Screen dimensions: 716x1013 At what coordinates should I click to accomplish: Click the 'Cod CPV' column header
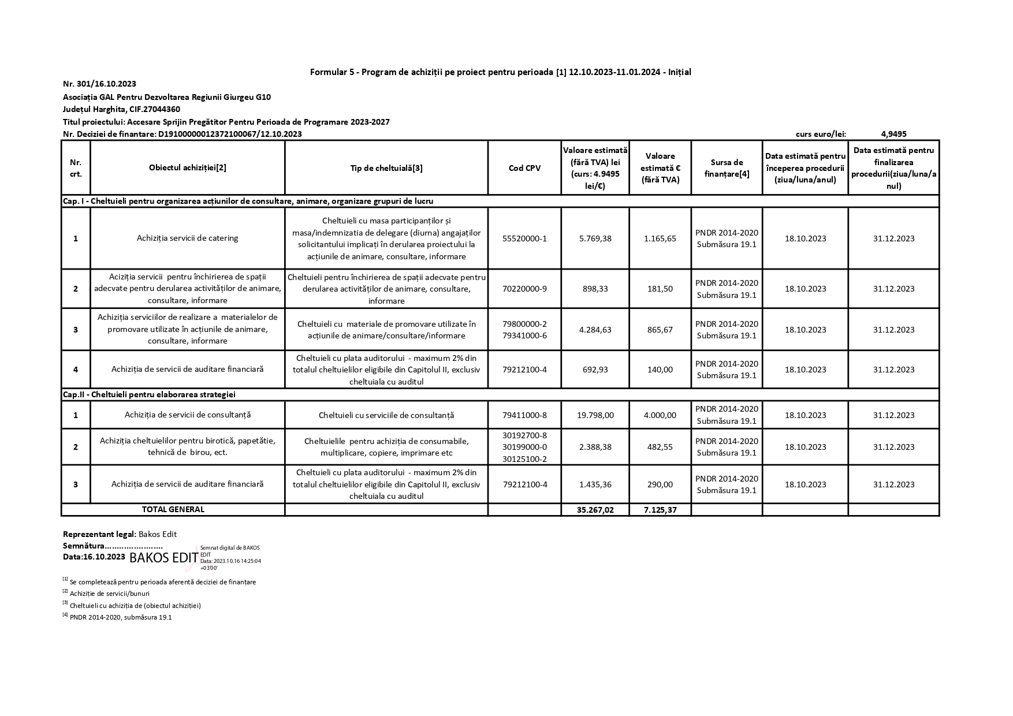click(524, 168)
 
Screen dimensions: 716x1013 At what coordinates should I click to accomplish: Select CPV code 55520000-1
click(524, 238)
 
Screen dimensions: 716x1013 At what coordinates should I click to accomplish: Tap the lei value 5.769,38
click(595, 238)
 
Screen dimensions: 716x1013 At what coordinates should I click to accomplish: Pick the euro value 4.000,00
click(660, 415)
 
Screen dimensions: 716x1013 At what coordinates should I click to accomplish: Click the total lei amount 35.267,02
click(595, 510)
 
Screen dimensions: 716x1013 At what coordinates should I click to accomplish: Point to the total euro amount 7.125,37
click(660, 510)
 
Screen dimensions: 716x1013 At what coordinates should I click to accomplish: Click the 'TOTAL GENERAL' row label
click(173, 509)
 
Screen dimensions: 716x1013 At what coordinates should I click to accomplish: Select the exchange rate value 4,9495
click(893, 134)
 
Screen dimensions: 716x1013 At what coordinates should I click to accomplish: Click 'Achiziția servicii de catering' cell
click(187, 238)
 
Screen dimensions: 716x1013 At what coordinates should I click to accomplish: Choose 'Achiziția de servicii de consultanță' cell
click(187, 415)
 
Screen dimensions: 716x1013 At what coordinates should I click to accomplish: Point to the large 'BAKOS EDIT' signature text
click(164, 558)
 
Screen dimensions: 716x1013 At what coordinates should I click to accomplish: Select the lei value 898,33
click(595, 289)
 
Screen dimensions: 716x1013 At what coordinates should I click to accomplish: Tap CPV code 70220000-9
click(524, 289)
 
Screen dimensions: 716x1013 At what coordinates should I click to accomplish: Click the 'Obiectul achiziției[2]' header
click(187, 168)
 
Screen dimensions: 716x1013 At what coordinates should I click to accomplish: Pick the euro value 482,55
click(660, 447)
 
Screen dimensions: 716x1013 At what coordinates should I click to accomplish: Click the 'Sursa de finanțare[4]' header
click(727, 168)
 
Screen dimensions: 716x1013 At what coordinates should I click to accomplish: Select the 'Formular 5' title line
click(500, 72)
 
